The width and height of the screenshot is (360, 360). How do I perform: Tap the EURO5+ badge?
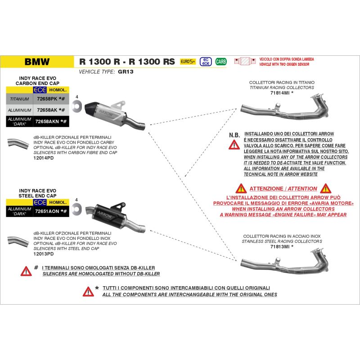pos(188,62)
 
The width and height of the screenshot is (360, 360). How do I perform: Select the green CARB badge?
pos(221,62)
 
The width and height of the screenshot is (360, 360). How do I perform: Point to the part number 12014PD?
pos(44,158)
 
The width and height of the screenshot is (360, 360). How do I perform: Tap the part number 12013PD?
pos(44,254)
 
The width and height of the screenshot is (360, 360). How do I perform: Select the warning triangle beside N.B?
pos(234,144)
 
